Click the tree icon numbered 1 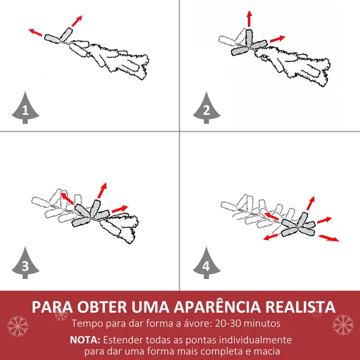point(25,108)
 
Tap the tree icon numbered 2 point(207,108)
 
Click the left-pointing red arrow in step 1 point(36,32)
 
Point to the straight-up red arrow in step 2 point(249,19)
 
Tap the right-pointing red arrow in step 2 point(278,39)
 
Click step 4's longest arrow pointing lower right point(329,238)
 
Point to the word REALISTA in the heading point(301,307)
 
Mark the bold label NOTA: point(86,340)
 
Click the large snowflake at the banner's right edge point(343,324)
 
